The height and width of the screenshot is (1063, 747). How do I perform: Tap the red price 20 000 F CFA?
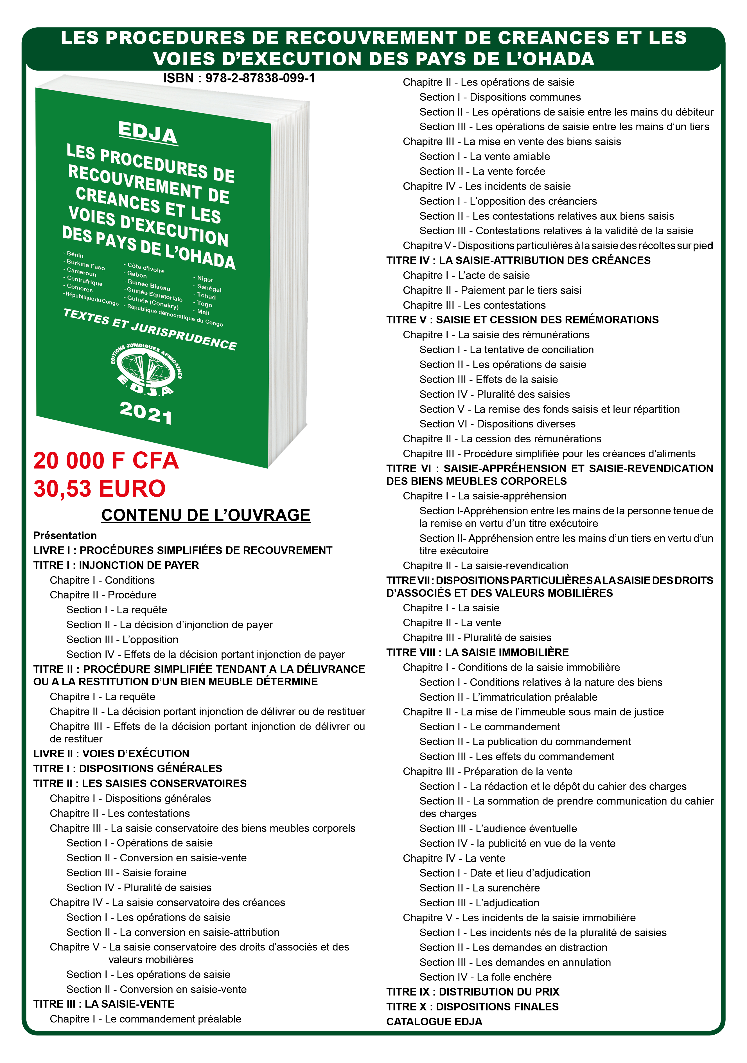point(106,461)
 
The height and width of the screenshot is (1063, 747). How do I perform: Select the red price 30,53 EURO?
point(100,488)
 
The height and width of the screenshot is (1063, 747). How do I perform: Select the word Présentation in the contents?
point(65,536)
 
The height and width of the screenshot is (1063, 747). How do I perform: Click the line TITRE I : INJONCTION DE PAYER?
point(116,565)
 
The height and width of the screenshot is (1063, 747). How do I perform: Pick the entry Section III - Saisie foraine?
point(126,873)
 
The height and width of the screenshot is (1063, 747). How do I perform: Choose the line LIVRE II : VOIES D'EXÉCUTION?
point(111,754)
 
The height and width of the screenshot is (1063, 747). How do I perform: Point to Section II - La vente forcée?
point(482,171)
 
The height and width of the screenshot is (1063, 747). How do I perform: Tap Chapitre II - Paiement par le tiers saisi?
point(492,290)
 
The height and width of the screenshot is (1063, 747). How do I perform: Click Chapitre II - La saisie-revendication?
point(486,566)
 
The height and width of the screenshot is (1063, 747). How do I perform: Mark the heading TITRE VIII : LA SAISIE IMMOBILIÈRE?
point(478,652)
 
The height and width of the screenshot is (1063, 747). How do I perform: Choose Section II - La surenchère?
point(479,888)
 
